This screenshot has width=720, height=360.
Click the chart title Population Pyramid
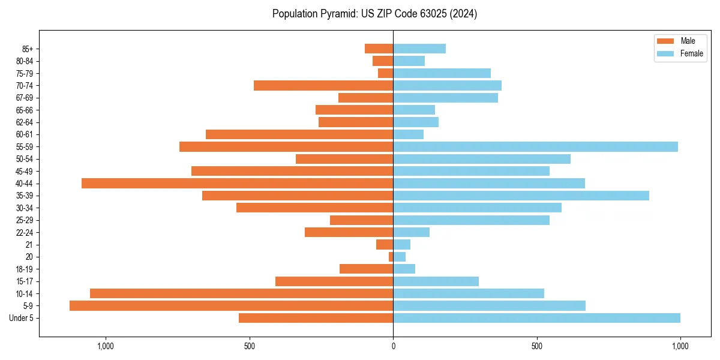(374, 14)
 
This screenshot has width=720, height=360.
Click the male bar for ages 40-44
(237, 183)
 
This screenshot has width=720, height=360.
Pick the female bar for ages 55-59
(535, 146)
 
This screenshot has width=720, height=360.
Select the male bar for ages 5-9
(231, 305)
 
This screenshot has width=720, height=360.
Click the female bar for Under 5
(536, 318)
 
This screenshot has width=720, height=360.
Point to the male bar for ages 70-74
(323, 85)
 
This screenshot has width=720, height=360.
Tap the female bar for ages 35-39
(521, 196)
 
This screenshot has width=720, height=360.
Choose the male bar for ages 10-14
(241, 293)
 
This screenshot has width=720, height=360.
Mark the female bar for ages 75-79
(442, 73)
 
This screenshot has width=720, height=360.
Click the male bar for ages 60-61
(299, 134)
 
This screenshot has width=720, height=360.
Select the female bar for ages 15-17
(436, 281)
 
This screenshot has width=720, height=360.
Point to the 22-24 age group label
(24, 232)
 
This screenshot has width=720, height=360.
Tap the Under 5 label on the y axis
(21, 318)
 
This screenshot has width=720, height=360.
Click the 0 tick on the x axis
(393, 346)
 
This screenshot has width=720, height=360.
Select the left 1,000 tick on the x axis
(106, 346)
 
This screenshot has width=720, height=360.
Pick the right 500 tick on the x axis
(537, 346)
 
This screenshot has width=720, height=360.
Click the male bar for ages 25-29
(361, 220)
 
